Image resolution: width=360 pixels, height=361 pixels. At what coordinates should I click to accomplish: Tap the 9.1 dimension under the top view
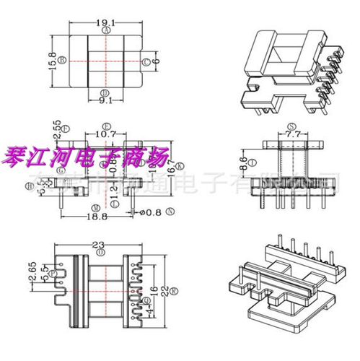click(x=106, y=101)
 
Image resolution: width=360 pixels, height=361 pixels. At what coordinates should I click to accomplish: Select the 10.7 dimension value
click(x=105, y=134)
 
